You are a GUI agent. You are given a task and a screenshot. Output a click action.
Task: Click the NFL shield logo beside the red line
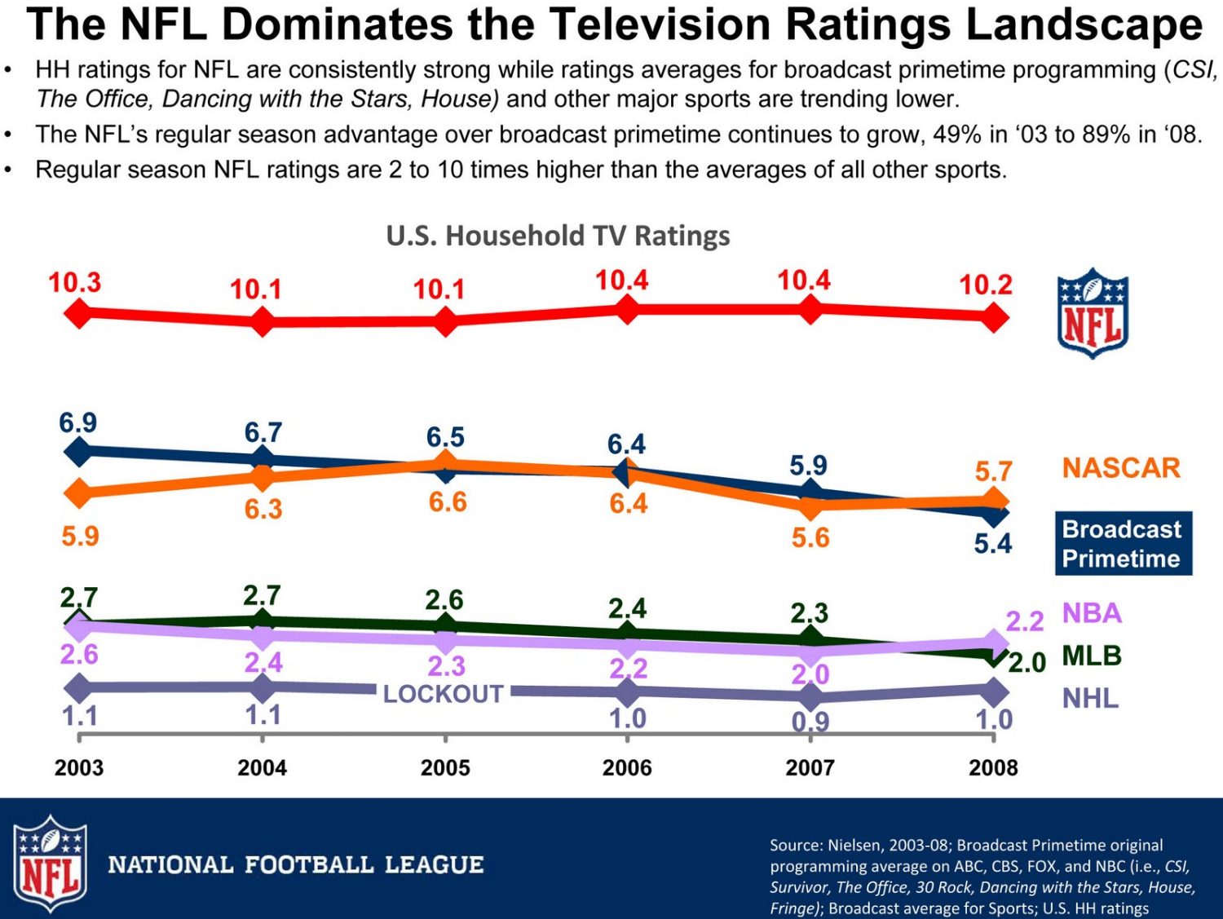point(1093,313)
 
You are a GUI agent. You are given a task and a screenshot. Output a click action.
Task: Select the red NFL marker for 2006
point(626,309)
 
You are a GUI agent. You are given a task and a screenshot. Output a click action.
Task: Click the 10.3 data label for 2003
point(74,283)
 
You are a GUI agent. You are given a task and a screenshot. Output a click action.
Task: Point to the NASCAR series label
point(1121,468)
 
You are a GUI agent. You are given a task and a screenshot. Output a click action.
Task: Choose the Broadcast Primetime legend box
point(1123,543)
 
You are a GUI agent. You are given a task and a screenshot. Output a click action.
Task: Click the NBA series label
point(1092,613)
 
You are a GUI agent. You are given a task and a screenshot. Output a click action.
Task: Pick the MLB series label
point(1092,656)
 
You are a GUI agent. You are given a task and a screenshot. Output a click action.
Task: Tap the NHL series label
point(1090,699)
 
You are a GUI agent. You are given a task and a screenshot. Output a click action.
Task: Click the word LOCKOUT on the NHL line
point(444,694)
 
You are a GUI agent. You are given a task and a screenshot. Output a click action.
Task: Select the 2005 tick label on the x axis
point(445,768)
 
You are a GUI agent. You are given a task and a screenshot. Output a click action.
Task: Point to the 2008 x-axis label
point(993,768)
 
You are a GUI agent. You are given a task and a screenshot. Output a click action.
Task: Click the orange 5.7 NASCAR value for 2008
point(993,471)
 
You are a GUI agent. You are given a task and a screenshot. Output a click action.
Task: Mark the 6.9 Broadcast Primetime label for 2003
point(77,423)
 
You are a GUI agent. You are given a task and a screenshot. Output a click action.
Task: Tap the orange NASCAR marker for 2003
point(78,493)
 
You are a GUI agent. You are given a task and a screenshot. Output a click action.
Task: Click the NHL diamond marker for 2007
point(810,697)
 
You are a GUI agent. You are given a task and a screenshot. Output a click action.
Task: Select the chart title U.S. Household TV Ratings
point(558,236)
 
